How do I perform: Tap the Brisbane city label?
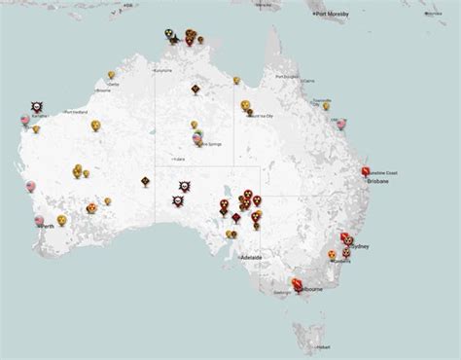pyautogui.click(x=377, y=181)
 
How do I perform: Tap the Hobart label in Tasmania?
pyautogui.click(x=323, y=346)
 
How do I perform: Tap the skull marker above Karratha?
pyautogui.click(x=36, y=104)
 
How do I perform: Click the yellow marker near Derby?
pyautogui.click(x=111, y=75)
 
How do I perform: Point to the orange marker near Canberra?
pyautogui.click(x=332, y=254)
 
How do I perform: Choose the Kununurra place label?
pyautogui.click(x=162, y=72)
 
